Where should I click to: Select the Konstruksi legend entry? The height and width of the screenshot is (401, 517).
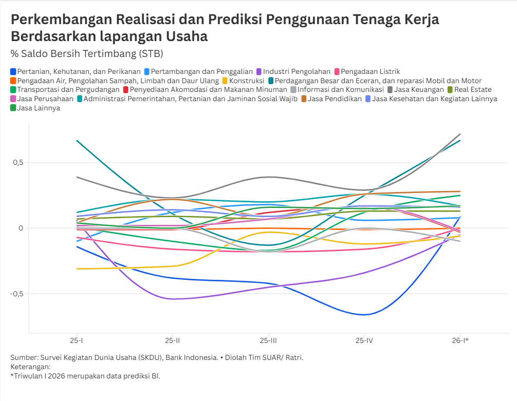click(246, 81)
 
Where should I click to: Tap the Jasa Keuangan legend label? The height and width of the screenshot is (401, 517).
click(419, 89)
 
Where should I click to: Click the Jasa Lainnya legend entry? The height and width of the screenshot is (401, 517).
click(39, 108)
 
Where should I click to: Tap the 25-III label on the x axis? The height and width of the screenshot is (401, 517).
click(268, 340)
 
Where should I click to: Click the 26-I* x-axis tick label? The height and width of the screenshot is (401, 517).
click(459, 340)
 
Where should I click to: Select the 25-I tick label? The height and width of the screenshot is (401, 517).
click(76, 340)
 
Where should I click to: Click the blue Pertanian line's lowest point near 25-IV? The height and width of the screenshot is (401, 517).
click(364, 315)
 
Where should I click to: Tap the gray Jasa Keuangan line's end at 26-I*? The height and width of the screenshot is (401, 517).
click(460, 134)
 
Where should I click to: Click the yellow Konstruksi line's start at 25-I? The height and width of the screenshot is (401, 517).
click(76, 269)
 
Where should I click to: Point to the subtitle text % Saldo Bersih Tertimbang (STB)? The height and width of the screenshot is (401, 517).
click(86, 53)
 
